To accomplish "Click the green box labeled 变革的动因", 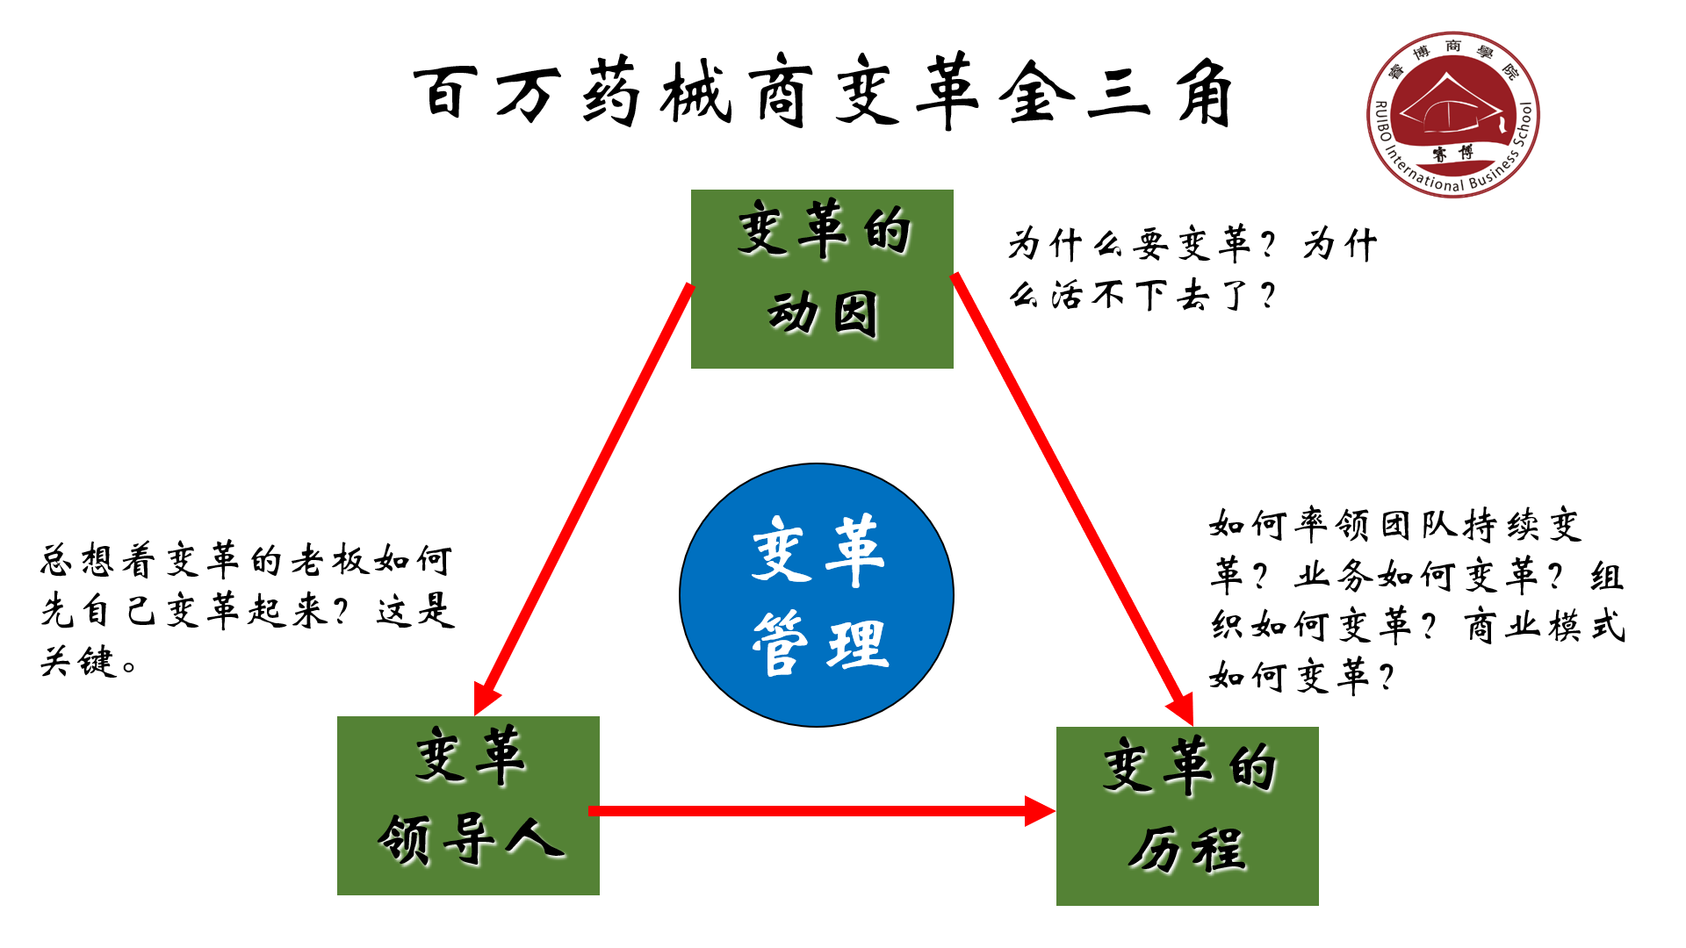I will coord(822,278).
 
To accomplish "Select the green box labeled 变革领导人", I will coord(468,805).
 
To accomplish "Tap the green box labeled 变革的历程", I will coord(1186,815).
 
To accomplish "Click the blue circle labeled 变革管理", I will coord(817,595).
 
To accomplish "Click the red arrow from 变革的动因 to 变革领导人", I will coord(584,496).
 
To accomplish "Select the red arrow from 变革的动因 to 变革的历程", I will coord(1071,496).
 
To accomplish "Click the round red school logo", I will coord(1452,115).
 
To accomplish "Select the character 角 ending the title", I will coord(1205,92).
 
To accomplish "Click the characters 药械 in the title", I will coord(654,92).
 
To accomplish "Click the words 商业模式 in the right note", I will coord(1545,627).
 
